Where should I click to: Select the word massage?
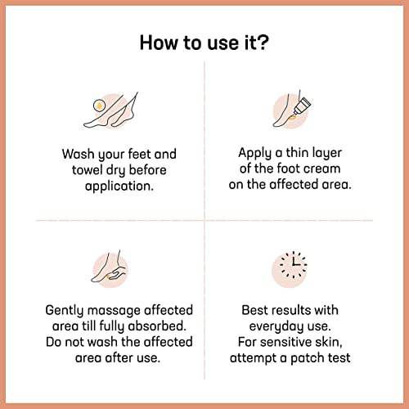[119, 311]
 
